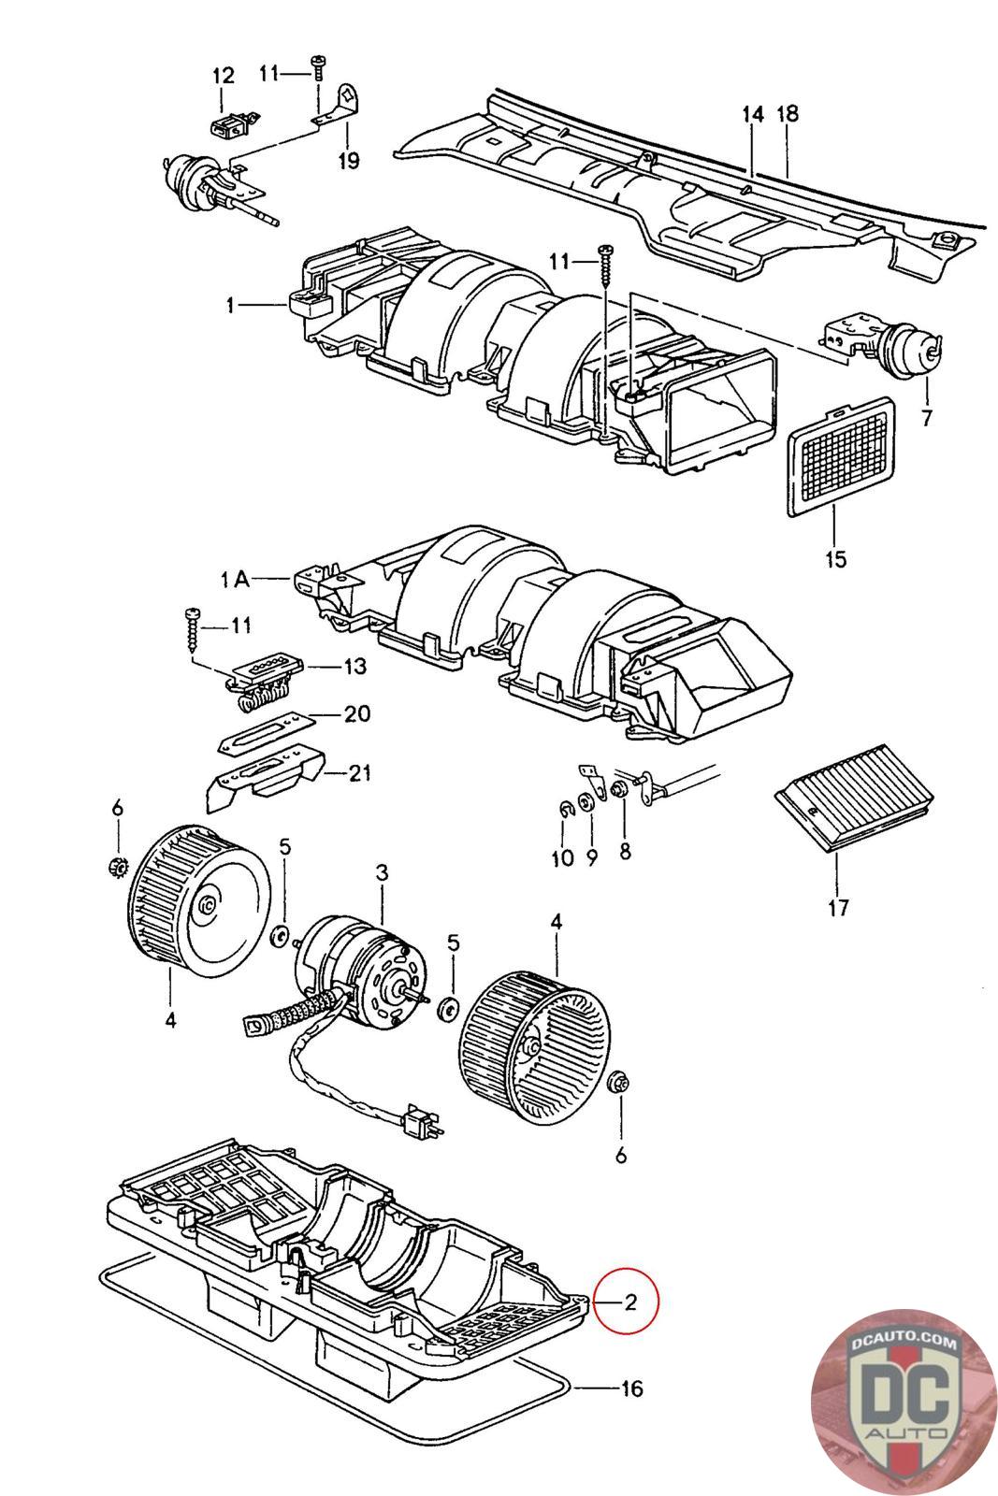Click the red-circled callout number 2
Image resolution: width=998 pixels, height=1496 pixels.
(x=629, y=1301)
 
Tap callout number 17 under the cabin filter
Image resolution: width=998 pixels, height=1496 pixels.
(x=838, y=908)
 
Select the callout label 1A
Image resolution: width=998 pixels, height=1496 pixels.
(x=235, y=579)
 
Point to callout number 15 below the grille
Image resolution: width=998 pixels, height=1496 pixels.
(x=835, y=558)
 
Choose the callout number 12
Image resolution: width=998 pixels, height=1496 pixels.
(x=224, y=76)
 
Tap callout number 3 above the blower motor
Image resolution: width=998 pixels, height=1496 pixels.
(x=382, y=871)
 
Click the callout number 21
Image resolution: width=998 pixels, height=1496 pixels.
(x=359, y=772)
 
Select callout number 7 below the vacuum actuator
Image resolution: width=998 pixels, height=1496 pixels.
(x=927, y=418)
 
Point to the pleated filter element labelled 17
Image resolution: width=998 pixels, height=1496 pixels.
(x=854, y=797)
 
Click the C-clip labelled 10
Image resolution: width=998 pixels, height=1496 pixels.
(x=565, y=810)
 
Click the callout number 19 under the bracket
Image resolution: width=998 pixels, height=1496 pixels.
(x=348, y=160)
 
